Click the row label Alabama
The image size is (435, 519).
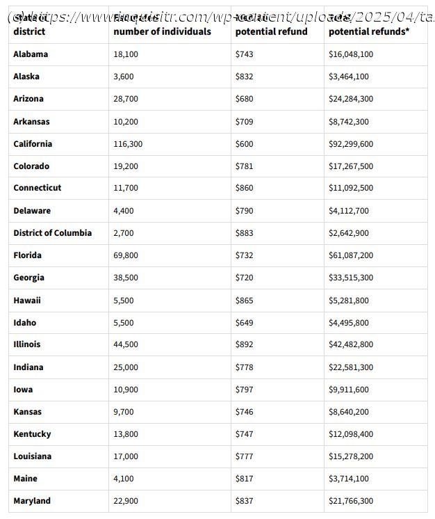click(x=31, y=54)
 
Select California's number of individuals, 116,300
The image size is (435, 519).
click(x=128, y=144)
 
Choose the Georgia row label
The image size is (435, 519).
click(x=28, y=278)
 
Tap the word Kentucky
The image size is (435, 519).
click(x=32, y=434)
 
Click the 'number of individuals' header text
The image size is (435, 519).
click(x=162, y=31)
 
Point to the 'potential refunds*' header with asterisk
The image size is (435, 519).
click(x=368, y=31)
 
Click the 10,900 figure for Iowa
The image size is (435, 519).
click(x=126, y=390)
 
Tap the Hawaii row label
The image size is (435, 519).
click(x=27, y=301)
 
